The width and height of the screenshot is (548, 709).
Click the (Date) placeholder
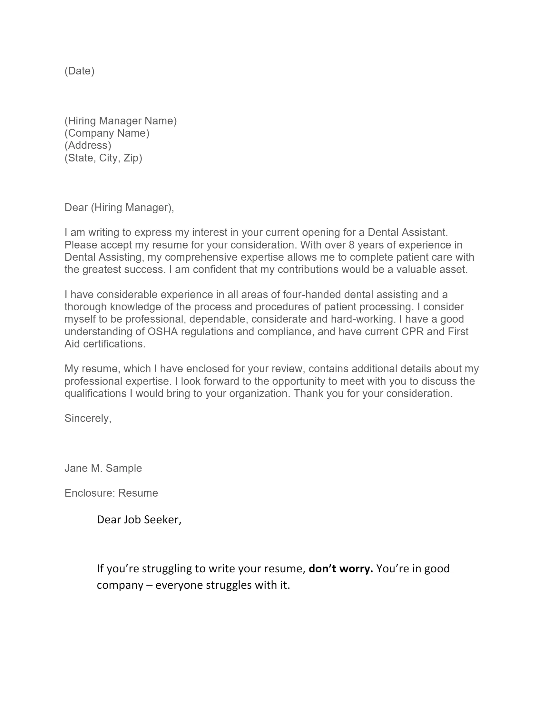tap(80, 71)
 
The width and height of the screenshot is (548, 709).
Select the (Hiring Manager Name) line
tap(121, 121)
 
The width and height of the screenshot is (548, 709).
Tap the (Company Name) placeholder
tap(107, 133)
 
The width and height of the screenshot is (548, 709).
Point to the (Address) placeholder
tap(88, 145)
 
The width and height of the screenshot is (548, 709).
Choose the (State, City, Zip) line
tap(103, 158)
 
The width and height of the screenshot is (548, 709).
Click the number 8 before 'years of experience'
tap(352, 245)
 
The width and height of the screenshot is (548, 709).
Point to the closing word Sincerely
tap(88, 418)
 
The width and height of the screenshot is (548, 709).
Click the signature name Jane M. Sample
tap(103, 468)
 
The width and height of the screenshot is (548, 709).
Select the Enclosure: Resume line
tap(111, 493)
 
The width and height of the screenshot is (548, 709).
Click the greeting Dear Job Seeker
tap(139, 520)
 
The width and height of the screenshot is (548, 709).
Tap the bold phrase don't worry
tap(340, 568)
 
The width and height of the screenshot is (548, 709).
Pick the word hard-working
tap(363, 319)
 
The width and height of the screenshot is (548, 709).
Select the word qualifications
tap(95, 393)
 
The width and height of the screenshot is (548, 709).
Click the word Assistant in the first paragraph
tap(425, 232)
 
